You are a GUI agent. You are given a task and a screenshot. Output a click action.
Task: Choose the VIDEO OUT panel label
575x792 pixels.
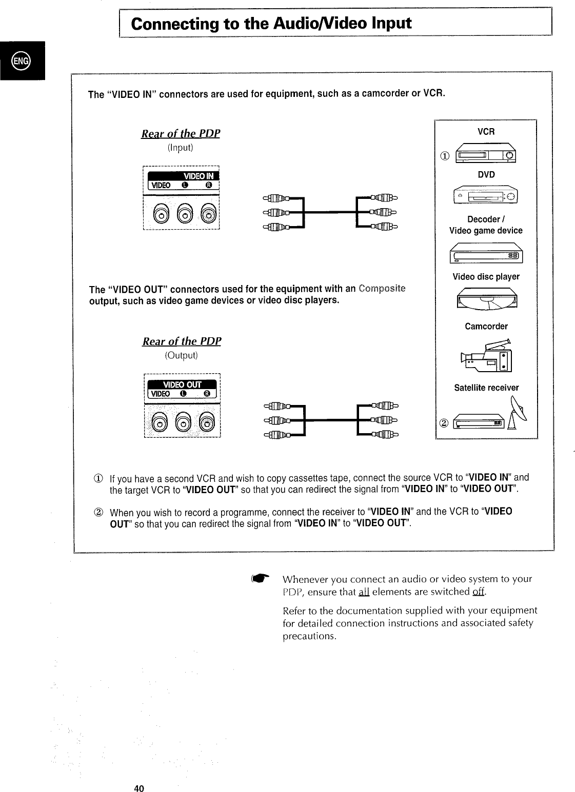tap(182, 385)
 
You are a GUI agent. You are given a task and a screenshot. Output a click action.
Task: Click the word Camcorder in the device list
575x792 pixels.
tap(486, 327)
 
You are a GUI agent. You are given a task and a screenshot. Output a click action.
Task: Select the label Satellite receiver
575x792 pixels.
tap(486, 388)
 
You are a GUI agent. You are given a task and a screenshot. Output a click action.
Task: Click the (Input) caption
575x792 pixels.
tap(180, 148)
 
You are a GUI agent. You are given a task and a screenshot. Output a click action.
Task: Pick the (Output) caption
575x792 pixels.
tap(181, 355)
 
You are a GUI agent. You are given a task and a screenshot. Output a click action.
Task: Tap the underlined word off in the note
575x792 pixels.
tap(479, 592)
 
